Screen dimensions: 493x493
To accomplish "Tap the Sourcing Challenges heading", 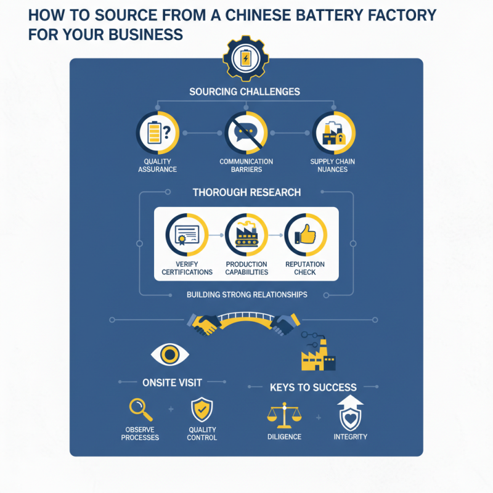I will coord(245,92).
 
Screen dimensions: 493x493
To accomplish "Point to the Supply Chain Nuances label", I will coord(333,165).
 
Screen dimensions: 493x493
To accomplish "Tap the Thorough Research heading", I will coord(246,192).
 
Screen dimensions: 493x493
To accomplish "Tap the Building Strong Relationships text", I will coord(246,295).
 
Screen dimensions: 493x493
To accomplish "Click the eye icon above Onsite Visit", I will coord(169,354).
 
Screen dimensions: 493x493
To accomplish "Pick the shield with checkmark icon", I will coord(202,409).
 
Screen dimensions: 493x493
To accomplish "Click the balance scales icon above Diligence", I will coord(284,414).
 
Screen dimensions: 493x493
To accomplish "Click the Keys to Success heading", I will coord(312,388).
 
